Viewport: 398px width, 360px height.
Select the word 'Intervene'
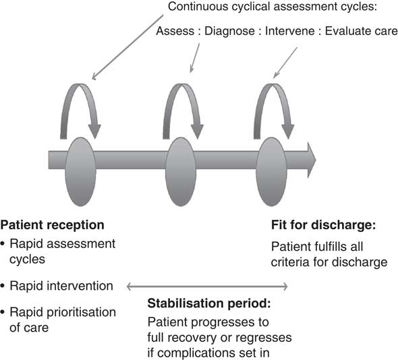[x=294, y=31]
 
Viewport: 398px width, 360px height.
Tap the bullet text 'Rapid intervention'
[x=61, y=286]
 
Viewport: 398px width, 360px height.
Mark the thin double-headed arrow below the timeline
[x=208, y=287]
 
